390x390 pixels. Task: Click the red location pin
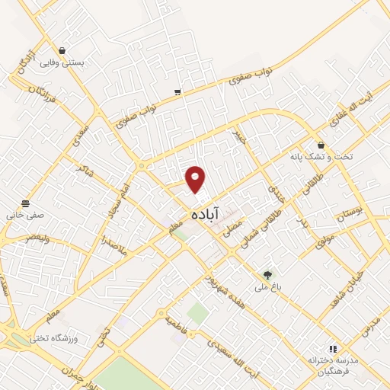point(197,179)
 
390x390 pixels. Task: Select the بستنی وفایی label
point(62,64)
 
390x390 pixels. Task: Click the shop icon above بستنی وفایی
point(61,50)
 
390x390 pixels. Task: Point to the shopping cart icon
point(177,92)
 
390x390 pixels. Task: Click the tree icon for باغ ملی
point(267,274)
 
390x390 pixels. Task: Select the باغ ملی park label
point(267,288)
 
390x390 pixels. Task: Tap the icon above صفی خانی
point(26,203)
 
